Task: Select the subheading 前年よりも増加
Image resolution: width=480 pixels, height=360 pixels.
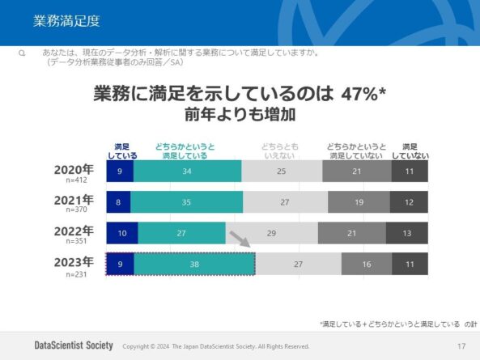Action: [240, 113]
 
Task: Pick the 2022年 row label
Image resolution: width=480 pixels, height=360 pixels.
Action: [74, 230]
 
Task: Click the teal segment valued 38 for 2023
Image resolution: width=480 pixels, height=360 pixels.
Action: [194, 264]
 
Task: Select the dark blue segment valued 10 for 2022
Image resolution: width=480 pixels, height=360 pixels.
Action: [121, 233]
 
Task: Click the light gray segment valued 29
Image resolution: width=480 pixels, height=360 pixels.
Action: [271, 233]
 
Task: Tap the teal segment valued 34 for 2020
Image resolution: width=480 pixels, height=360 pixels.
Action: [187, 172]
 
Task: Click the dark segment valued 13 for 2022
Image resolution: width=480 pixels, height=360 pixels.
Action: [406, 233]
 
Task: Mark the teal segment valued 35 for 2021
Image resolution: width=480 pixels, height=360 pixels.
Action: [187, 202]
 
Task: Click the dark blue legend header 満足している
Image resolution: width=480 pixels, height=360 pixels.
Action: [122, 150]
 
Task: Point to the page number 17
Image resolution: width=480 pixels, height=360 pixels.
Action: [461, 346]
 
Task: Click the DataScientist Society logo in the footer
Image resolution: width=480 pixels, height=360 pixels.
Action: [74, 345]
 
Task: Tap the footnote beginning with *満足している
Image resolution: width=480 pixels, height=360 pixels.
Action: [397, 323]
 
